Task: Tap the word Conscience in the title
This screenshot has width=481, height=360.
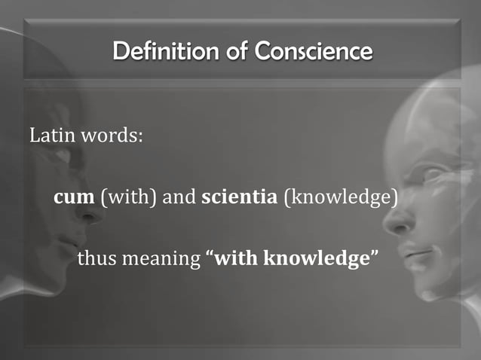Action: tap(314, 52)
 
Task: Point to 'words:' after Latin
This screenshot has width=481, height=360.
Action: tap(112, 138)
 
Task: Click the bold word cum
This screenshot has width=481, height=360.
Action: tap(74, 198)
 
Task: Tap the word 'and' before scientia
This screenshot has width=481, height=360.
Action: tap(179, 198)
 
